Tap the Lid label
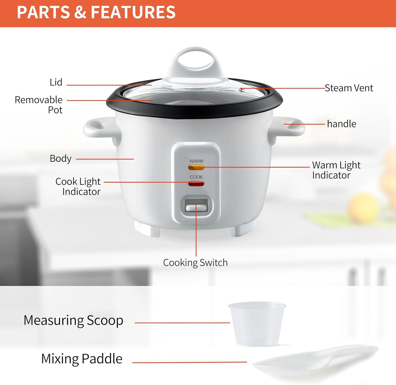coord(56,82)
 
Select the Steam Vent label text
coord(349,88)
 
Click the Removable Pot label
coord(39,105)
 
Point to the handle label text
coord(342,124)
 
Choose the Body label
coord(60,158)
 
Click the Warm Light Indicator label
coord(336,170)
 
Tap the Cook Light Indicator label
coord(78,186)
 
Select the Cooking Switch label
coord(195,263)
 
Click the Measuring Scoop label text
coord(73,321)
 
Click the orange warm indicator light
coord(196,167)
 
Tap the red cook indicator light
coord(196,184)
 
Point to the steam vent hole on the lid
coord(241,89)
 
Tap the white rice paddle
coord(315,361)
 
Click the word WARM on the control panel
coord(196,161)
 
